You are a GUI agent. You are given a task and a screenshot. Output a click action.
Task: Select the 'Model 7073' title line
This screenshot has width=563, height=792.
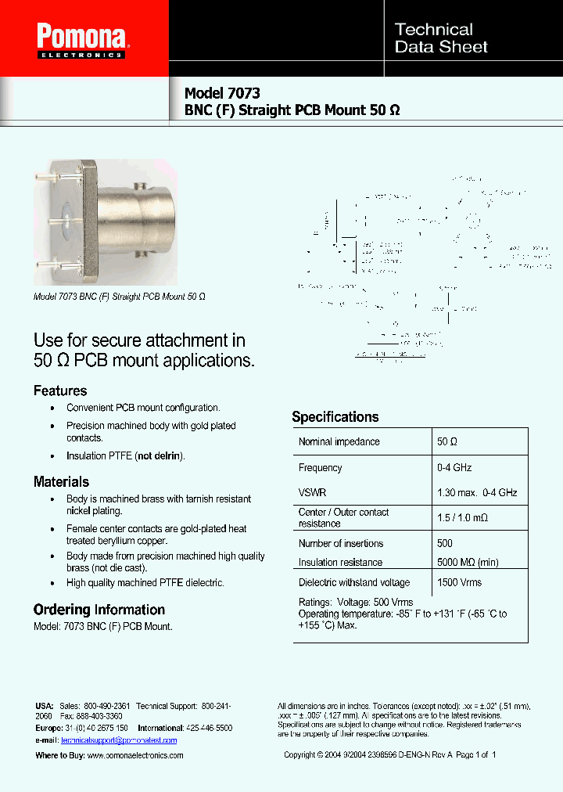pos(222,92)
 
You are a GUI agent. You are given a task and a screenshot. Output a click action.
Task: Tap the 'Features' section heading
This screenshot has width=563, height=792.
pos(60,391)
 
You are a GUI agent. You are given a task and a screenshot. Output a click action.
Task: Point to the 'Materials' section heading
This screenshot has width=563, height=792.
pos(61,481)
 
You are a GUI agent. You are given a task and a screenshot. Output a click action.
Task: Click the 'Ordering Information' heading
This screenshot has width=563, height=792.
pos(99,610)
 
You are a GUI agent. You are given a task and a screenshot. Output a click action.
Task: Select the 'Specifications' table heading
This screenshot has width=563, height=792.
pos(335,416)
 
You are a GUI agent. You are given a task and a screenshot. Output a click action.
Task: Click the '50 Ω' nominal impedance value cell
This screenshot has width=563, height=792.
pos(448,442)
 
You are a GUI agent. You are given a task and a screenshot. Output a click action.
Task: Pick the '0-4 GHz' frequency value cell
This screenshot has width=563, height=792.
pos(454,467)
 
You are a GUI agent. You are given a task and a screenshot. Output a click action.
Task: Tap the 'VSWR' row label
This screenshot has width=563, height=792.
pos(312,493)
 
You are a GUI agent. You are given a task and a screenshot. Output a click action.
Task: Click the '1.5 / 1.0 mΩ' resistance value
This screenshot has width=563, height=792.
pos(464,517)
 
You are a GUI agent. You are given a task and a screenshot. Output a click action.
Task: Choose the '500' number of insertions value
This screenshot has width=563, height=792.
pos(445,543)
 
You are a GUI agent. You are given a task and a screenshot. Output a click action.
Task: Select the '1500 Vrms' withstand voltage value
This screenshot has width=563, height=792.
pos(460,582)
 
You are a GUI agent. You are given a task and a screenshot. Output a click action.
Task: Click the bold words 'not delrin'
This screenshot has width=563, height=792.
pos(160,455)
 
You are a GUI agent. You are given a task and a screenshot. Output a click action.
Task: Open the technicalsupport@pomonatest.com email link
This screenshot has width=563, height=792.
pos(119,740)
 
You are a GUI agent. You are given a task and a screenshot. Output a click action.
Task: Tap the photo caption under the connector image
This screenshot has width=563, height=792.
pos(119,297)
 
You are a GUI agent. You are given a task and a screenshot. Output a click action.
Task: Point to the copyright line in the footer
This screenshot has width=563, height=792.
pos(389,755)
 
